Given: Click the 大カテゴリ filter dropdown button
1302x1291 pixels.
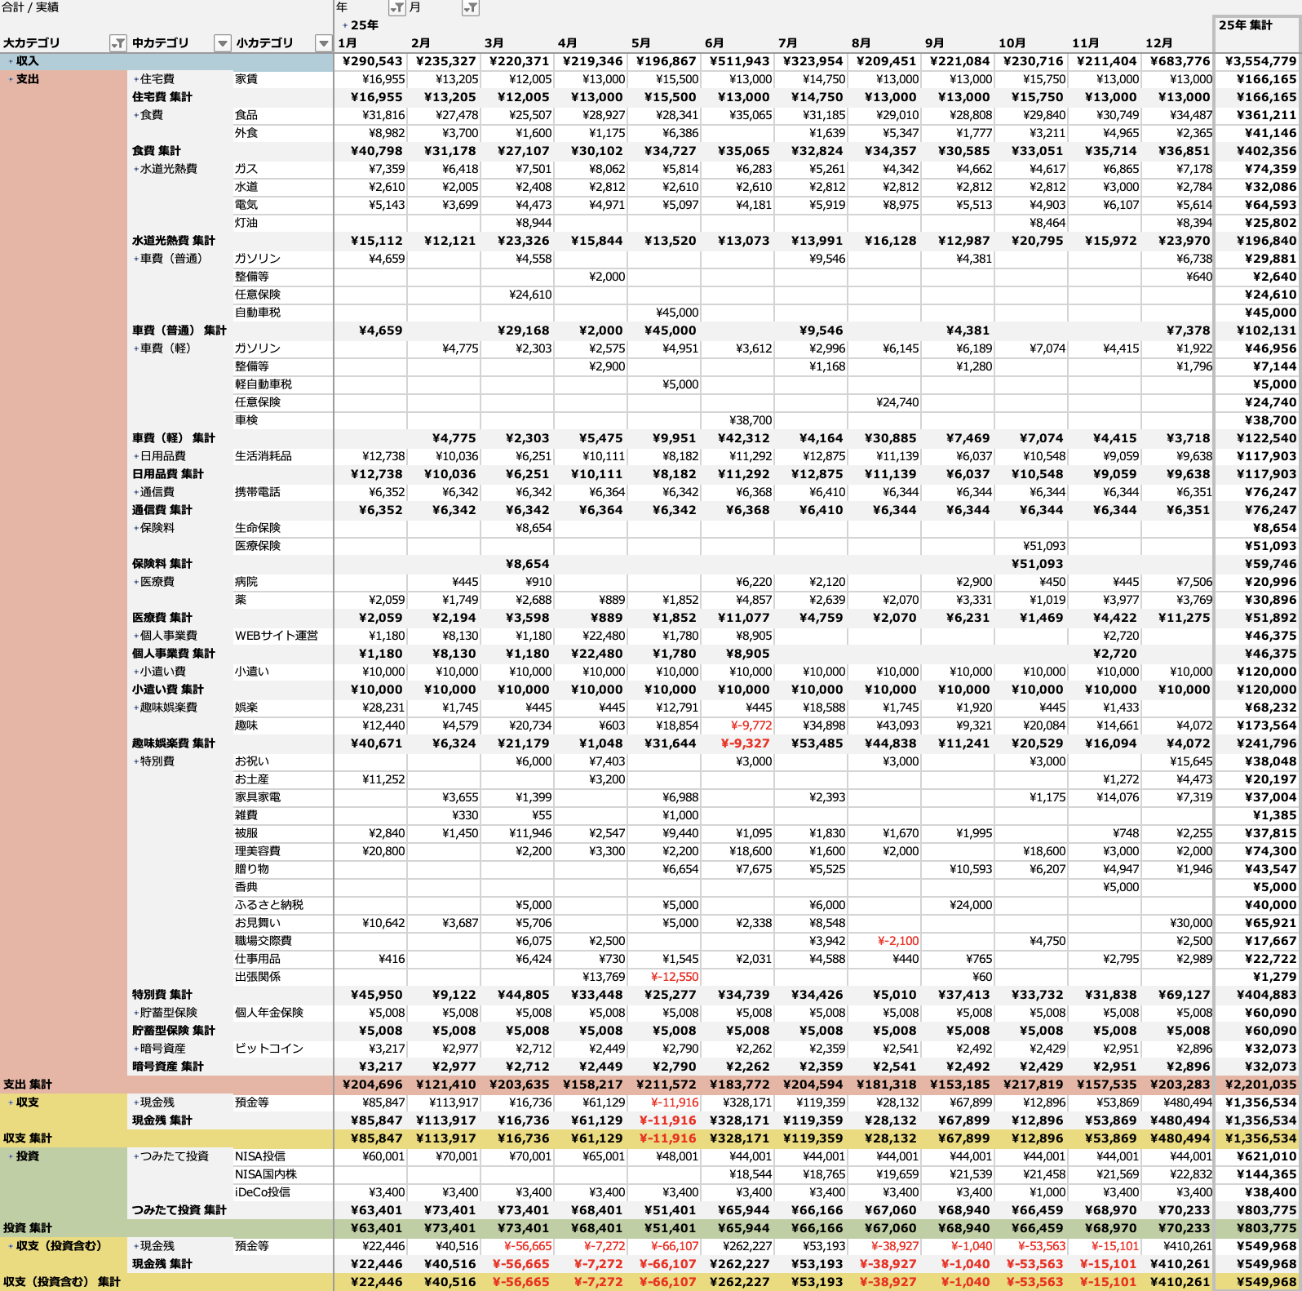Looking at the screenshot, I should click(x=118, y=43).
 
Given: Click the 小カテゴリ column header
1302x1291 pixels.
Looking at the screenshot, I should click(x=264, y=43).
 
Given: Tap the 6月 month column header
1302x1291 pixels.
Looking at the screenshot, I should click(x=715, y=43).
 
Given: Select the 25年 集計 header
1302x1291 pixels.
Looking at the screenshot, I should click(x=1246, y=25).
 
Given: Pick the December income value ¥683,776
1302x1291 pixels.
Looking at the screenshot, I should click(x=1180, y=61).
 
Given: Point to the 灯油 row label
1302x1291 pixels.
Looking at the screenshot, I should click(x=246, y=223).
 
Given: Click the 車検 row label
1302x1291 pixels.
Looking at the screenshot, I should click(x=246, y=420).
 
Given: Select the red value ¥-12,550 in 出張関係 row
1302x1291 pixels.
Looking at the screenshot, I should click(x=675, y=977).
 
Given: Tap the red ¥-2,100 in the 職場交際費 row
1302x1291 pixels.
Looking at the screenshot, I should click(x=898, y=941).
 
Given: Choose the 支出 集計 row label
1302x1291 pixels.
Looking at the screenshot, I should click(x=28, y=1085).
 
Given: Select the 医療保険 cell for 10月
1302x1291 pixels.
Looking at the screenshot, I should click(x=1044, y=546).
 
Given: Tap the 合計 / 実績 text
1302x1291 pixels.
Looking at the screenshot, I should click(x=30, y=7).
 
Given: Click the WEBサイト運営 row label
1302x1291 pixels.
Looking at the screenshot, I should click(x=277, y=636).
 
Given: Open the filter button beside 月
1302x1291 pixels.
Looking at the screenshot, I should click(x=471, y=8).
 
